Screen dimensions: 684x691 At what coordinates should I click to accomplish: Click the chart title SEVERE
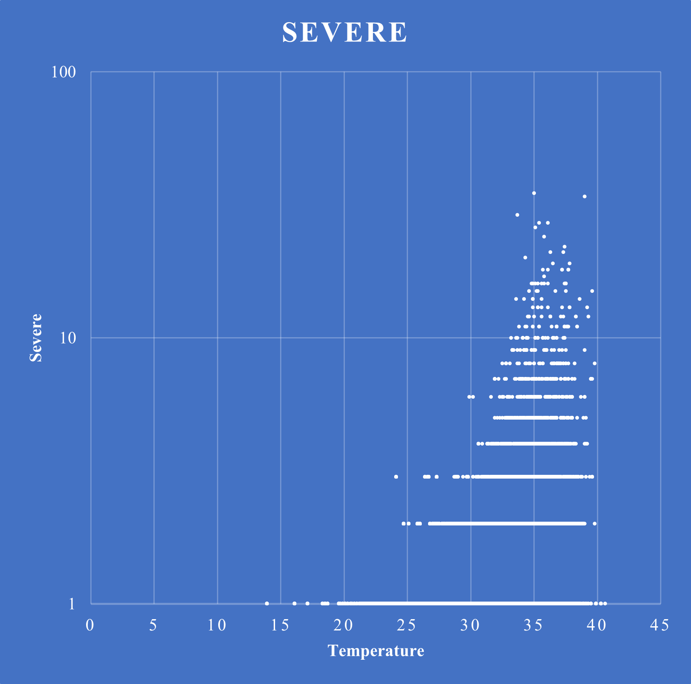point(345,33)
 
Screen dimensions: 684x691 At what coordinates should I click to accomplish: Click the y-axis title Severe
point(36,338)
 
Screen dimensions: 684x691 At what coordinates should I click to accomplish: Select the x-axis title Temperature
point(376,651)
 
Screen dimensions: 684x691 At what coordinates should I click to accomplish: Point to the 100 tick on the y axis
point(64,72)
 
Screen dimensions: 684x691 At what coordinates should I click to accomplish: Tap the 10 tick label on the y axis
point(68,338)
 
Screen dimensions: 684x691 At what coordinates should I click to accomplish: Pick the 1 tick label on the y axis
point(72,604)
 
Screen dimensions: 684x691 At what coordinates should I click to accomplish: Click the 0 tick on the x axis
point(90,625)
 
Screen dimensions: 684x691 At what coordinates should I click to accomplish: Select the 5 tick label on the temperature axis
point(153,625)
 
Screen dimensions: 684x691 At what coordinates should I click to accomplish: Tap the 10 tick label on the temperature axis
point(217,625)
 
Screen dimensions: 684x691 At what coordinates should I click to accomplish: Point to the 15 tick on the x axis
point(280,625)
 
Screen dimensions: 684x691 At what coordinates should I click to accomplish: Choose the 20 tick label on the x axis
point(344,625)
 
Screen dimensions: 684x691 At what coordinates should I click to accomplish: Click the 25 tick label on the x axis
point(407,625)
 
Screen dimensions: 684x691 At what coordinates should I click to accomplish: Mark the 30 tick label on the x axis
point(470,625)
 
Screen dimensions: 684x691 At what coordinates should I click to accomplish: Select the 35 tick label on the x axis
point(533,625)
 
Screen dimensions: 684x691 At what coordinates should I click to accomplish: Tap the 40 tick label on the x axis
point(597,625)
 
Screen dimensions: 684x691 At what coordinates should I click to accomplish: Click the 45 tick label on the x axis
point(660,625)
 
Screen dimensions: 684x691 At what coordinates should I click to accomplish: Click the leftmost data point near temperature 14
point(267,603)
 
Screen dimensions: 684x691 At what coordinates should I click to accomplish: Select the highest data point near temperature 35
point(534,193)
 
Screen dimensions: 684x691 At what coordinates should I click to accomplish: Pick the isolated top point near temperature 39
point(584,197)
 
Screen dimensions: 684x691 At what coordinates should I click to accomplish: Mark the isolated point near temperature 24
point(396,476)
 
